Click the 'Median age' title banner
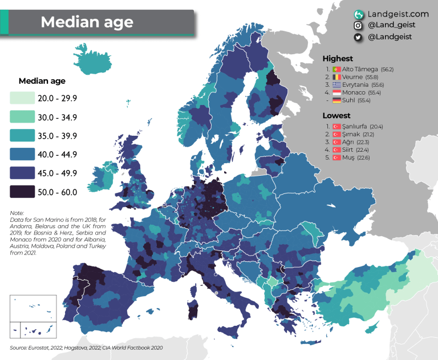click(x=87, y=22)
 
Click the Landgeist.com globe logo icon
click(x=359, y=14)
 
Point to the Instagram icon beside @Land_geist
click(x=359, y=26)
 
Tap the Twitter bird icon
click(x=359, y=37)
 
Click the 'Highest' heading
click(x=338, y=58)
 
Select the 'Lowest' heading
click(x=336, y=115)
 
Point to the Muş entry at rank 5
click(x=347, y=157)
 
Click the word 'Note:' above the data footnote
click(x=18, y=213)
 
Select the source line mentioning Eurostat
click(x=79, y=347)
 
